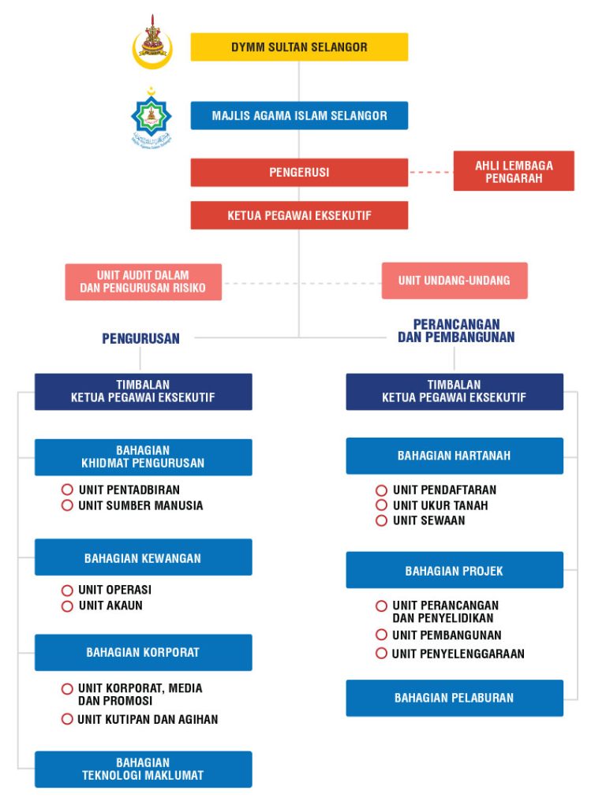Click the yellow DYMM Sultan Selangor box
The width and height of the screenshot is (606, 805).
[299, 47]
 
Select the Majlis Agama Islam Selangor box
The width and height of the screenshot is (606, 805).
[299, 115]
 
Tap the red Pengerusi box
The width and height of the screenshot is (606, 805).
[299, 172]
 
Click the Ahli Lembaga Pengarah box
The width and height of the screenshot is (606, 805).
[514, 171]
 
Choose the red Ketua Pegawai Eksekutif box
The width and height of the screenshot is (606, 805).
[299, 215]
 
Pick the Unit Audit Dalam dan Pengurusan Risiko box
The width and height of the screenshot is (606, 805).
[143, 281]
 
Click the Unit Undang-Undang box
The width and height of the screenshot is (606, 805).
[454, 280]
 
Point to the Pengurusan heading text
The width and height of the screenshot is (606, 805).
[140, 338]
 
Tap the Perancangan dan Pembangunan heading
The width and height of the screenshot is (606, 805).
[455, 330]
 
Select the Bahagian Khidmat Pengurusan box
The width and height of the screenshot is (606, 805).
[143, 457]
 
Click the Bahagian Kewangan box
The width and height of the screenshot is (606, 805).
[143, 557]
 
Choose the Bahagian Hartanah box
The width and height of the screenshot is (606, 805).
[454, 455]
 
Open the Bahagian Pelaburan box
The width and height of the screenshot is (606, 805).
[454, 697]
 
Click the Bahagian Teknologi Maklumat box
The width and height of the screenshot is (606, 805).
[143, 769]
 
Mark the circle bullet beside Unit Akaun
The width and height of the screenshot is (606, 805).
[67, 606]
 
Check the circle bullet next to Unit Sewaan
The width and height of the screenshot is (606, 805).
[381, 520]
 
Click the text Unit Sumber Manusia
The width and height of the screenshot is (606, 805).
[140, 505]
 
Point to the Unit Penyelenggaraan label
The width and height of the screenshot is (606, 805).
[458, 653]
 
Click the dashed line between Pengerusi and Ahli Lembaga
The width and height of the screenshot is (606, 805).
[430, 172]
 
